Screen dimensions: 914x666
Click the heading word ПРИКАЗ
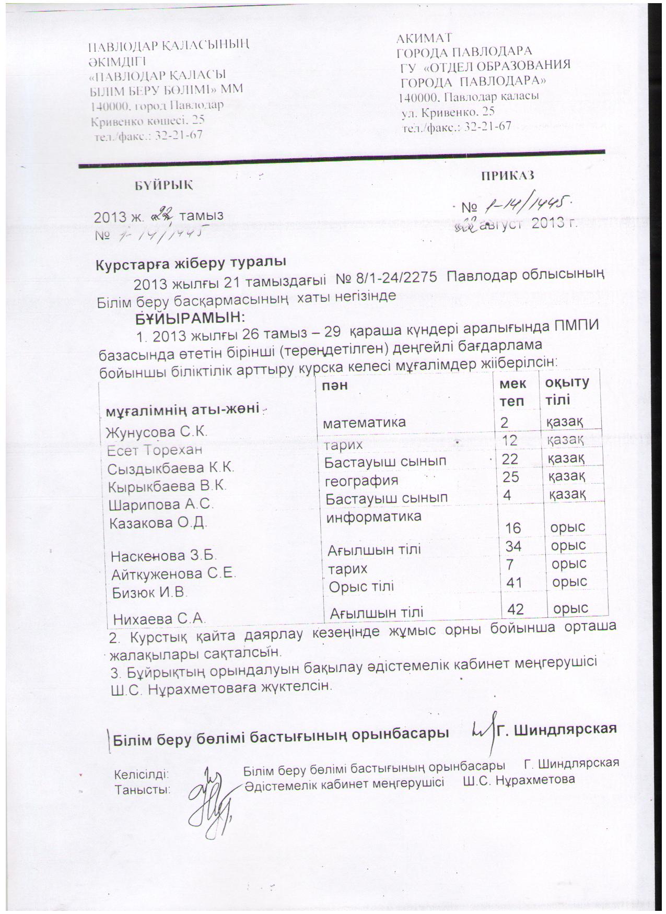tap(507, 175)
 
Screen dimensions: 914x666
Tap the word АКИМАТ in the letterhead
tap(424, 38)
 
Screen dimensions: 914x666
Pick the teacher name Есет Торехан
tap(154, 450)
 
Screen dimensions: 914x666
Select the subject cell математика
tap(365, 423)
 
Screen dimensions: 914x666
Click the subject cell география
tap(361, 480)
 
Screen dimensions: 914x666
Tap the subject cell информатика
tap(373, 517)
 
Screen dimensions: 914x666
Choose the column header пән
tap(335, 385)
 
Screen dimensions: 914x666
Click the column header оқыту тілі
tap(567, 391)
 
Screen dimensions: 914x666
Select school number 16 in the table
tap(516, 528)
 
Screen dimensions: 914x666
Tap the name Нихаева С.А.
tap(158, 619)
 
